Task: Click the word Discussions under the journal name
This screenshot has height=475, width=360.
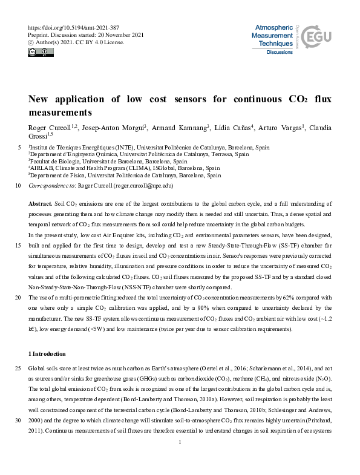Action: (x=280, y=53)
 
